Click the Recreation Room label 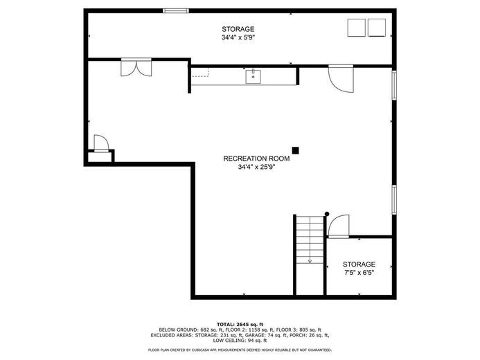pos(256,159)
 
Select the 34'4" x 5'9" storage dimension pos(238,37)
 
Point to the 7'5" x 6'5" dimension pos(359,273)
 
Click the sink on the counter pos(253,76)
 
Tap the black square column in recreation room pos(295,150)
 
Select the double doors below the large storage pos(136,67)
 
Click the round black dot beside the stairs pos(327,214)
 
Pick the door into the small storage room pos(338,226)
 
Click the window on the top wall pos(176,10)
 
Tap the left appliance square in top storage pos(356,28)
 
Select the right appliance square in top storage pos(377,28)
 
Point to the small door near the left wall pos(101,143)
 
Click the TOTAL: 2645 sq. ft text pos(240,324)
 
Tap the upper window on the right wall pos(394,85)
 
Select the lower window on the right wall pos(394,199)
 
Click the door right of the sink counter pos(341,78)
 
